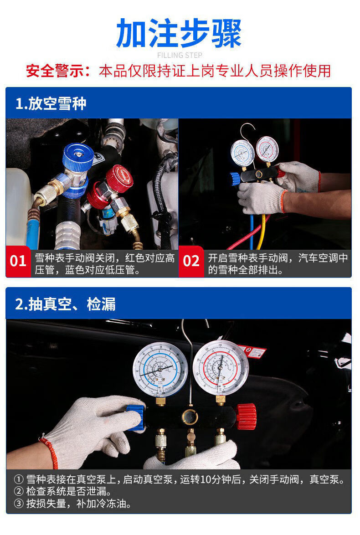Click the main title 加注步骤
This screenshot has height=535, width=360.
coord(179,34)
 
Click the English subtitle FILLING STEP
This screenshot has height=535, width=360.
coord(179,56)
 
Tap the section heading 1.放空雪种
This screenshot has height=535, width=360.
coord(51,104)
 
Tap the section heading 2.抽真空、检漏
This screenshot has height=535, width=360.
coord(65,304)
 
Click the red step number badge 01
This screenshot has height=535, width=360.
coord(18,261)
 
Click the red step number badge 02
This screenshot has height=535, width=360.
coord(191,261)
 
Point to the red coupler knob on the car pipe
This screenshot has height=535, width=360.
coord(119,177)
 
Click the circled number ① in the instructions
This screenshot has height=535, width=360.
coord(19,480)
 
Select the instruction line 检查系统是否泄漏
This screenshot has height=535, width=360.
coord(68,492)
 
